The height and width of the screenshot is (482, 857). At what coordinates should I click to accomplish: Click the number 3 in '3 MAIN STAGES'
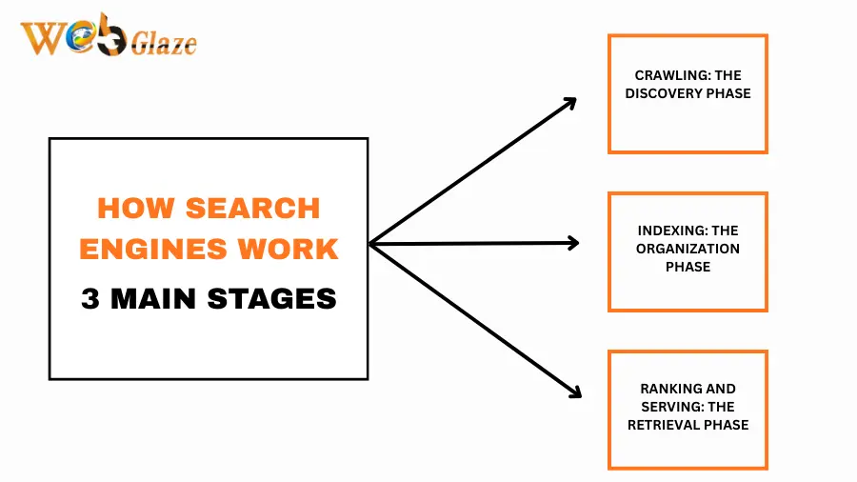coord(90,299)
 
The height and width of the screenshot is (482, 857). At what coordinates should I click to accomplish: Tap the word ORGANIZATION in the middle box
coord(688,249)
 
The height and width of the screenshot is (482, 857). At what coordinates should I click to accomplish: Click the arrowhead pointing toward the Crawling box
coord(570,102)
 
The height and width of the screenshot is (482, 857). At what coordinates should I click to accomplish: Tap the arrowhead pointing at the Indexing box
coord(572,243)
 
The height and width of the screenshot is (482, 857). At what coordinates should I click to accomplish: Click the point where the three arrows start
coord(370,244)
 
